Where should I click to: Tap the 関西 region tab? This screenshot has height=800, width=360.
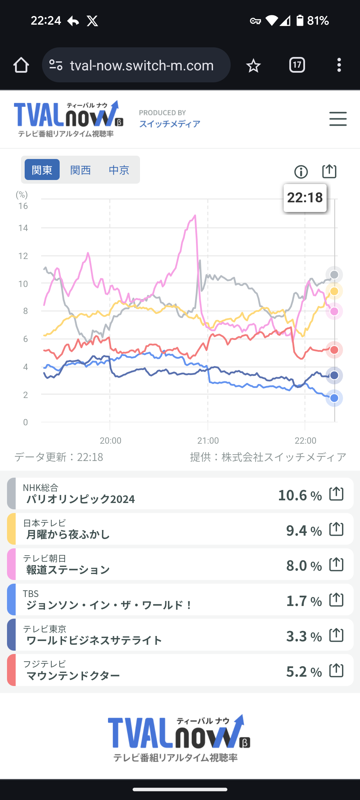80,170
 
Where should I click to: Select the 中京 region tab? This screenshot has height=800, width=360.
119,170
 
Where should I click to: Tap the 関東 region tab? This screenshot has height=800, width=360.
42,170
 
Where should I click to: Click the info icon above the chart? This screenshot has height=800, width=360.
301,172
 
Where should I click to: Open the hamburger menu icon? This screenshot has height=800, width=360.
338,119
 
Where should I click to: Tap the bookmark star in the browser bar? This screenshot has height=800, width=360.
253,65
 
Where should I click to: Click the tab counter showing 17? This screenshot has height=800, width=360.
297,65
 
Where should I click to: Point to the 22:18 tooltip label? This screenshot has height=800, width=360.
305,198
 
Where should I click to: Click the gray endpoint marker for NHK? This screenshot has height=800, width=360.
334,275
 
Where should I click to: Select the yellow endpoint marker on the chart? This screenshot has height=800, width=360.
334,291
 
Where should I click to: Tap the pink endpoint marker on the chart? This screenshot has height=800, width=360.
334,311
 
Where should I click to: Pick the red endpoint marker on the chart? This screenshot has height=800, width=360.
334,350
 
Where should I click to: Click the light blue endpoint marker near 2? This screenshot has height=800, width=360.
334,398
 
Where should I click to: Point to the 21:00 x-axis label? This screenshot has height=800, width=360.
208,441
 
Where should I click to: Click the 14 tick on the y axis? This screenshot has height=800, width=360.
23,228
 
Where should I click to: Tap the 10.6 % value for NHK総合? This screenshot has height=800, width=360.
300,495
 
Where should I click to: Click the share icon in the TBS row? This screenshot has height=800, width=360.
336,600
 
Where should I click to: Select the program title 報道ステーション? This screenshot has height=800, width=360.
68,570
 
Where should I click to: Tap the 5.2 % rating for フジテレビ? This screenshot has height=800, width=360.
304,672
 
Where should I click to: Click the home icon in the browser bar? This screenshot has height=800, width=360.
21,65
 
